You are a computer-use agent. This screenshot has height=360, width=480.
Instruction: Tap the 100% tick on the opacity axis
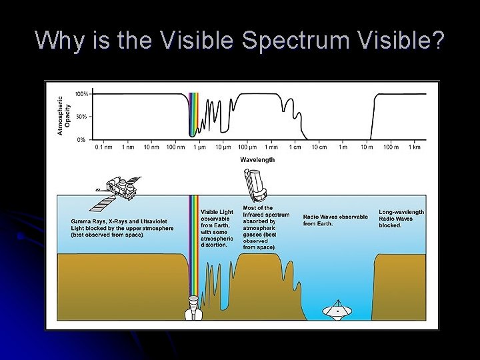click(x=81, y=94)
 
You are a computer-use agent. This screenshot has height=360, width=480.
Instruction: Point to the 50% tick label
click(x=81, y=117)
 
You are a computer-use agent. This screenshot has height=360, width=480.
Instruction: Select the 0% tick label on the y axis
click(x=81, y=139)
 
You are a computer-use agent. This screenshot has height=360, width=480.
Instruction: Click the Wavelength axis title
click(x=257, y=160)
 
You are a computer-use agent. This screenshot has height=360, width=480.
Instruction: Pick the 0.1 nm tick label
click(x=104, y=147)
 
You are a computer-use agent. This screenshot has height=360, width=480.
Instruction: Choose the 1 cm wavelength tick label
click(x=293, y=147)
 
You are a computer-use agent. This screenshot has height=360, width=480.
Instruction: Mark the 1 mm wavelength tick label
click(x=270, y=147)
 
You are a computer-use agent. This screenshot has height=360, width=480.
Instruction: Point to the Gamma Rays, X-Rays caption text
click(x=122, y=227)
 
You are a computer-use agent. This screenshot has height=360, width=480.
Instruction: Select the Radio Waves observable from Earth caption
click(x=335, y=220)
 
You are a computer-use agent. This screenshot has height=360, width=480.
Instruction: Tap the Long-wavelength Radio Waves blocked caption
click(x=401, y=219)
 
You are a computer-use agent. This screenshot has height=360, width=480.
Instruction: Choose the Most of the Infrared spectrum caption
click(x=266, y=227)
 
